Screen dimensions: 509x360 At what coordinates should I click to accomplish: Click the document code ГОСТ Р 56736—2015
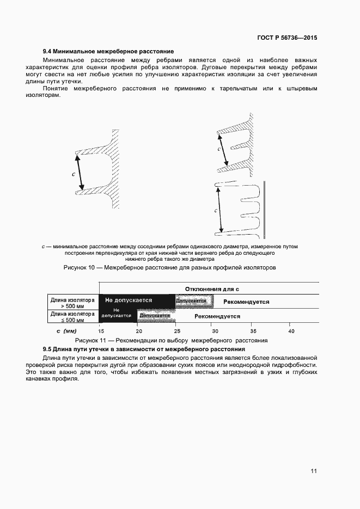(287, 38)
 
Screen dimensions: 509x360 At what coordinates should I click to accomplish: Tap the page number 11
(314, 471)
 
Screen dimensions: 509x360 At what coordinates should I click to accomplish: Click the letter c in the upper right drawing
(218, 148)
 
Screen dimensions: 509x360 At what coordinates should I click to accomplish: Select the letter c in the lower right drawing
(217, 210)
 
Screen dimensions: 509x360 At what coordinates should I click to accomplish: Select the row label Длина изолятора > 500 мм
(72, 303)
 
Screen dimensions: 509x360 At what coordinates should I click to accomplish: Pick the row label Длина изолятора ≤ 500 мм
(72, 316)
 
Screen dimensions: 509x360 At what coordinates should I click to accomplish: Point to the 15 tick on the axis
(101, 331)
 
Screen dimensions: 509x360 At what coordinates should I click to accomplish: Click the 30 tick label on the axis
(215, 331)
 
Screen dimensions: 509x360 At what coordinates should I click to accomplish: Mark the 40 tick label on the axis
(291, 331)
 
